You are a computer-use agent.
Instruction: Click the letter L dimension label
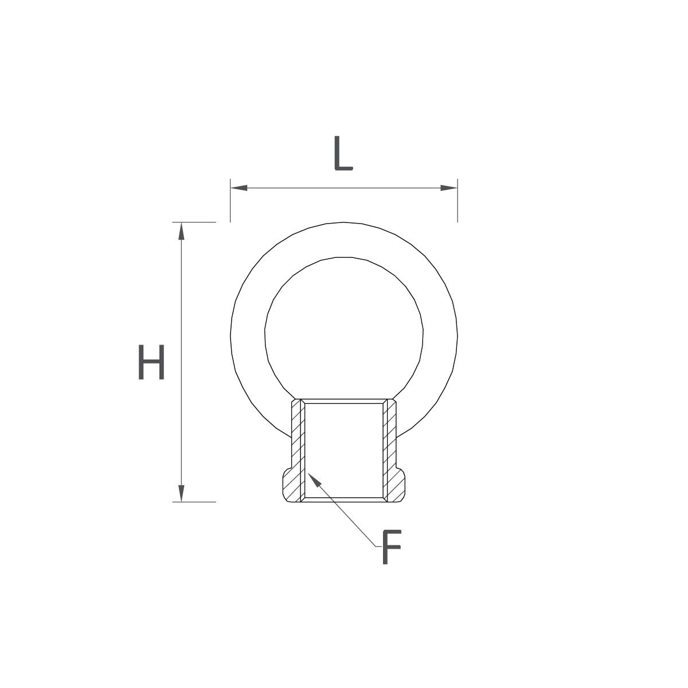click(343, 153)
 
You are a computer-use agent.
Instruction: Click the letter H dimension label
click(151, 362)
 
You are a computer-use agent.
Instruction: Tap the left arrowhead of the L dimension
click(239, 188)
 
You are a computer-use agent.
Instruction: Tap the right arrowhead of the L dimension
click(449, 188)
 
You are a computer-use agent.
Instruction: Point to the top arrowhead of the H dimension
click(181, 231)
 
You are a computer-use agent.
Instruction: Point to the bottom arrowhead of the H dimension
click(181, 494)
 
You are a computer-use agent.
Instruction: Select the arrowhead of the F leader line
click(314, 478)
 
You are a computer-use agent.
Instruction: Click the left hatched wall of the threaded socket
click(298, 451)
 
